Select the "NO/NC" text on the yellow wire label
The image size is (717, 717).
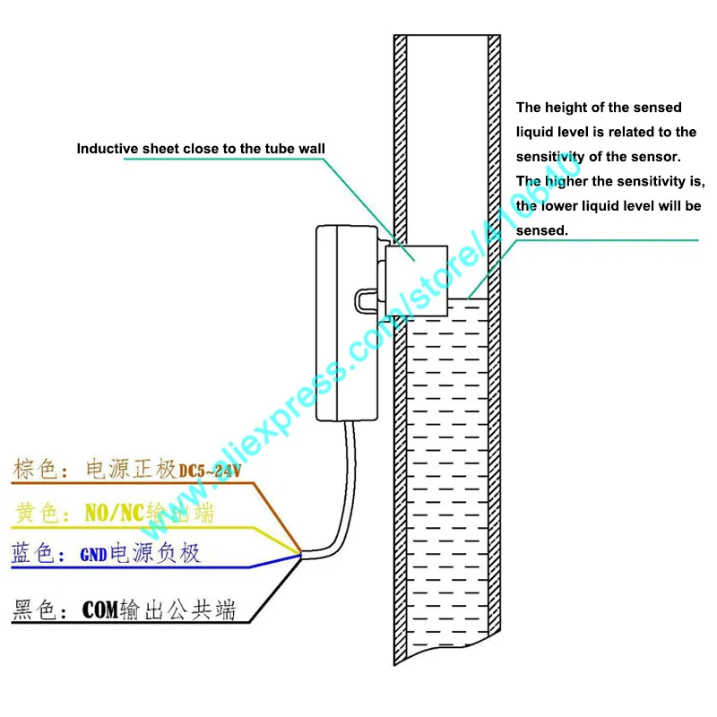click(x=115, y=513)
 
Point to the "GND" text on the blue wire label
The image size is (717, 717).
click(x=93, y=555)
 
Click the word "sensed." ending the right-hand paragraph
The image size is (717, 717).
click(x=542, y=230)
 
